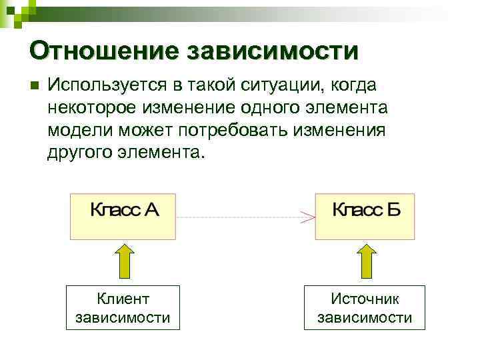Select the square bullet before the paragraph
point(34,86)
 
